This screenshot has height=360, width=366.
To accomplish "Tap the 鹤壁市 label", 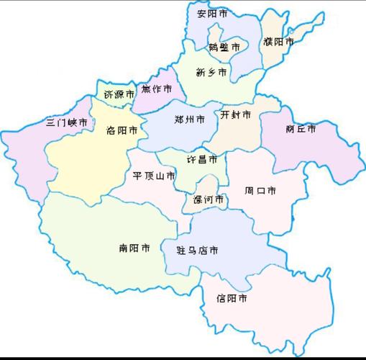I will [224, 48].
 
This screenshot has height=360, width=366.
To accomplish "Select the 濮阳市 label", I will [278, 42].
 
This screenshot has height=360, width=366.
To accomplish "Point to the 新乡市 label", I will [211, 72].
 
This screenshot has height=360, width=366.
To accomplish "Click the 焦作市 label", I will [157, 89].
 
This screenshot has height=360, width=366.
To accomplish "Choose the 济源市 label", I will [119, 94].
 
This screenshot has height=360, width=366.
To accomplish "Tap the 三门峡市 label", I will [67, 122].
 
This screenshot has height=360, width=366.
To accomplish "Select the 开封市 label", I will [236, 114].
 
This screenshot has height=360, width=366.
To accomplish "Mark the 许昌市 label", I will [202, 158].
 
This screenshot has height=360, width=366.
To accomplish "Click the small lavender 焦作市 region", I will [151, 101].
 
